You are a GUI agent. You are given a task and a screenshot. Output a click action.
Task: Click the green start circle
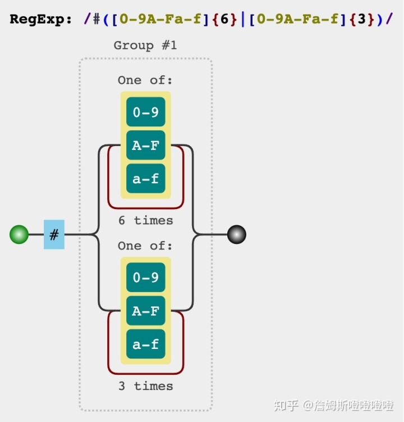point(19,234)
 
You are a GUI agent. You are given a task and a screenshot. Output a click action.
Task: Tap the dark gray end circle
point(237,234)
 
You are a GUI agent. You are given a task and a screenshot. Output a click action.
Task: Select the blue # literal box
point(54,234)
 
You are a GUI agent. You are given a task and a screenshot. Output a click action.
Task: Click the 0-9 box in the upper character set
point(145,112)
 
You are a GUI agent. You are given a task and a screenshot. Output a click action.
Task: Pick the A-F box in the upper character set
point(145,146)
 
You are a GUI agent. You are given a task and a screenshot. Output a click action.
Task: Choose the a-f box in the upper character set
point(145,179)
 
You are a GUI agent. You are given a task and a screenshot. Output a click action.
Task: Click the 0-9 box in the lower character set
point(145,278)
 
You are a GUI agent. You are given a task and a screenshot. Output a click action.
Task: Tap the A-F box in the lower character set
point(145,311)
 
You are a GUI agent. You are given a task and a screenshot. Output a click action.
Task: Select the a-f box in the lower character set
point(145,344)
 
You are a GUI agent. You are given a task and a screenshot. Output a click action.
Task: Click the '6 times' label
point(145,220)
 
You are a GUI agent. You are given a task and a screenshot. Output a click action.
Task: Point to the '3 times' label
point(145,386)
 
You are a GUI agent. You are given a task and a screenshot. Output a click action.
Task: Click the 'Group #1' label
point(145,46)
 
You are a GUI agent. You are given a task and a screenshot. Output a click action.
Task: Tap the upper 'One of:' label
point(145,80)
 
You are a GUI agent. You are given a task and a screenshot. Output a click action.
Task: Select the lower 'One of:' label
point(145,246)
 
